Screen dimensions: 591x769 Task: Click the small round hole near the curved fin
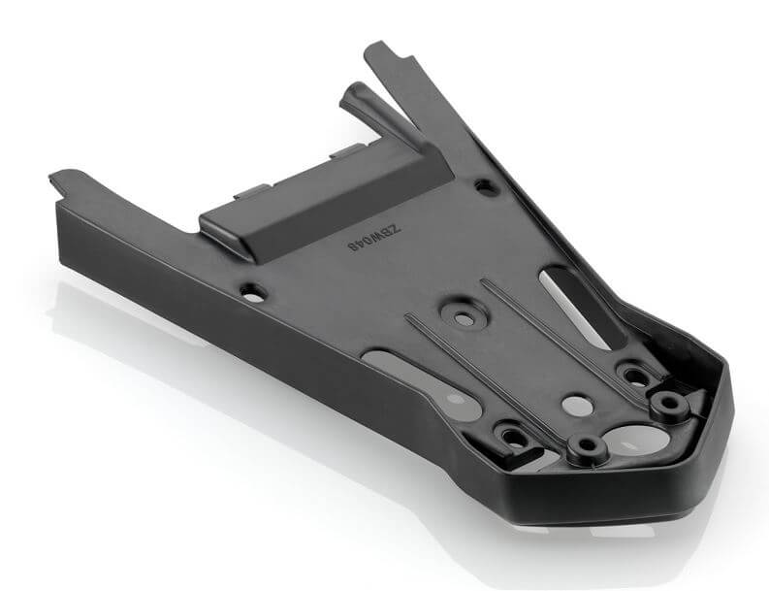(x=483, y=182)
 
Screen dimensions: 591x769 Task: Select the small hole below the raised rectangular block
(x=252, y=289)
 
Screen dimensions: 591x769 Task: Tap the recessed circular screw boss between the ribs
(x=462, y=317)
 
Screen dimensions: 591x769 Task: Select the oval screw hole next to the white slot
(x=633, y=374)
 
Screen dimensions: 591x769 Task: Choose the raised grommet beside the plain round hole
(x=586, y=447)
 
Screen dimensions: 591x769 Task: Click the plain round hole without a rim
(x=575, y=403)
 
